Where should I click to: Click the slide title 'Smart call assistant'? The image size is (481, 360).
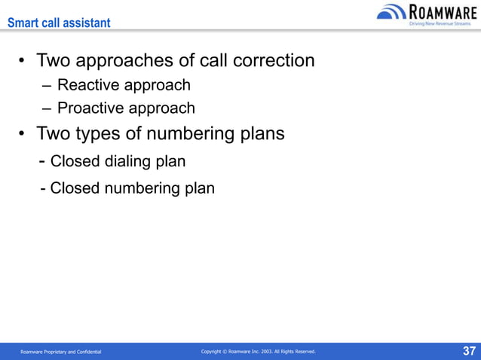[x=59, y=23]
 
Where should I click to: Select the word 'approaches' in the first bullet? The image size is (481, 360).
[x=118, y=60]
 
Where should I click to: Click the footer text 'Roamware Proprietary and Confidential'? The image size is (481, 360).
[x=60, y=352]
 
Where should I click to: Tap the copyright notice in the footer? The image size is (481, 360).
[x=259, y=352]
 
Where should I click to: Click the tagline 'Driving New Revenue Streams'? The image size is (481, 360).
[x=440, y=23]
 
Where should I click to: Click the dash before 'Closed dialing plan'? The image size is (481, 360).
[x=43, y=161]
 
